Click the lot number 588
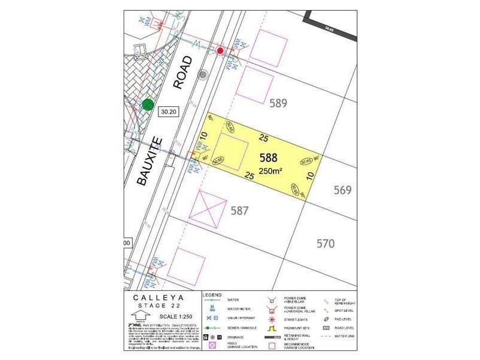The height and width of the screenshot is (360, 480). click(268, 158)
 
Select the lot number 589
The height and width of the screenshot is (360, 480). click(278, 103)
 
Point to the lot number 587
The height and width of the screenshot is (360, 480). click(239, 211)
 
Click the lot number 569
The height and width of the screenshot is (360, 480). click(342, 190)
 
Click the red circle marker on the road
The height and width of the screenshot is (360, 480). click(220, 51)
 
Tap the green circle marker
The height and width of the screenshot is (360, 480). click(148, 105)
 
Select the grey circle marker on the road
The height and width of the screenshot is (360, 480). click(203, 75)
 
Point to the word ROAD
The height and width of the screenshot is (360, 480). click(182, 73)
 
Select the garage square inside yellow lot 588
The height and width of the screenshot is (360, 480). click(231, 149)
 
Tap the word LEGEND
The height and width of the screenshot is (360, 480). click(213, 295)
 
